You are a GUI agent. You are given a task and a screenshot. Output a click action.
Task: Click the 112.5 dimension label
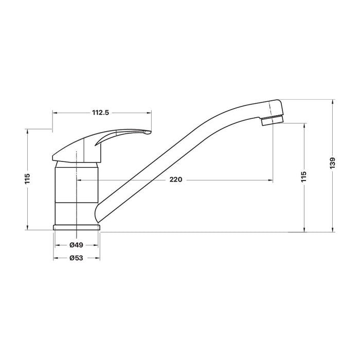pos(100,113)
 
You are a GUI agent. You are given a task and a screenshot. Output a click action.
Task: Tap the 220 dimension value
pos(176,179)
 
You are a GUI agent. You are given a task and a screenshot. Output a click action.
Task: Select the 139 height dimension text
pos(333,163)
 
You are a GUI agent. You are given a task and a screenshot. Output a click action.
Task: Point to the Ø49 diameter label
pos(76,245)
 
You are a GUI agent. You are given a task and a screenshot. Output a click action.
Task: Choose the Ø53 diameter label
pos(76,258)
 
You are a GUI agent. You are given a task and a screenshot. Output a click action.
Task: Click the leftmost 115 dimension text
pos(27,179)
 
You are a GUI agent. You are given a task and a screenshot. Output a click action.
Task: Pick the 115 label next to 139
pos(304,176)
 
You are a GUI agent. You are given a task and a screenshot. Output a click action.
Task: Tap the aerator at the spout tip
pos(273,120)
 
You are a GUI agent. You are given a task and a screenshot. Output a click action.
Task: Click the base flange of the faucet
pos(77,227)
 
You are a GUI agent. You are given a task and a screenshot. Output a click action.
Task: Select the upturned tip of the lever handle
pos(147,132)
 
